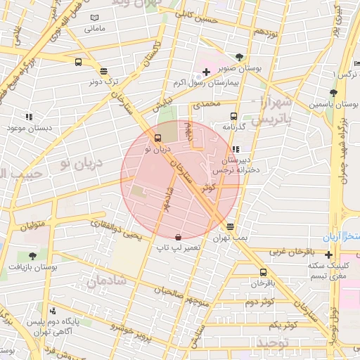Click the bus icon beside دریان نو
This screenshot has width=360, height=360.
(x=157, y=138)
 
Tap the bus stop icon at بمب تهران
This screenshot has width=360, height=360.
(x=230, y=226)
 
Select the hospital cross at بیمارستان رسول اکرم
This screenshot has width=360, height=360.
(x=205, y=72)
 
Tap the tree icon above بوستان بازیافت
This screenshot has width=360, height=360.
(x=32, y=256)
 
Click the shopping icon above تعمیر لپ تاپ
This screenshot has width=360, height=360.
(x=178, y=237)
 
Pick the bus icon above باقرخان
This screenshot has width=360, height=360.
(x=263, y=272)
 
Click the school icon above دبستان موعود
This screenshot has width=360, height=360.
(x=29, y=117)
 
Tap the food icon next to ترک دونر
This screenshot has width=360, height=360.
(x=104, y=70)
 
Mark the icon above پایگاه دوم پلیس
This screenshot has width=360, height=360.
(x=53, y=311)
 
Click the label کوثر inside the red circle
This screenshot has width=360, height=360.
(x=208, y=188)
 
